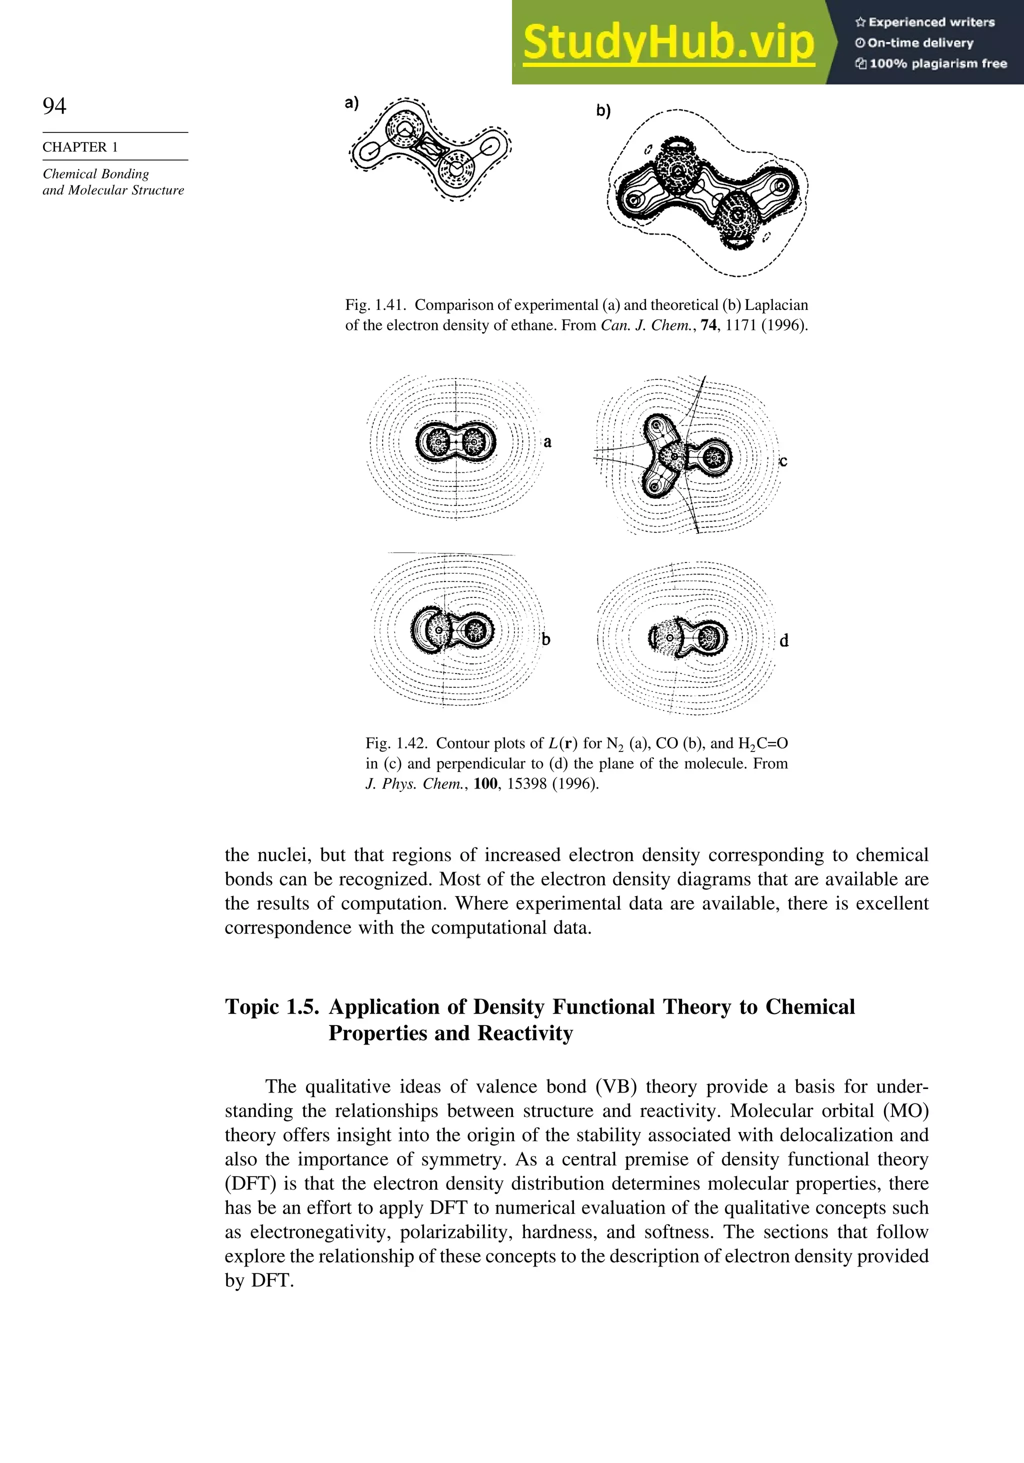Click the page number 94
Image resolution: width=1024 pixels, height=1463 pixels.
tap(54, 106)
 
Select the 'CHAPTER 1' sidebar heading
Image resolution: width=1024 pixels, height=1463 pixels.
tap(80, 147)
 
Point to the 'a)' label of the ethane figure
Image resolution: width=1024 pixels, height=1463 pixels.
tap(351, 102)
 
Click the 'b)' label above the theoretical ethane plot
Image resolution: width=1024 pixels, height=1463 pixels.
tap(603, 111)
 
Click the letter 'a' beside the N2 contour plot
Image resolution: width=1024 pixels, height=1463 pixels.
tap(547, 441)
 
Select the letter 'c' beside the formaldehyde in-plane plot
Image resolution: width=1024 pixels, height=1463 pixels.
tap(783, 461)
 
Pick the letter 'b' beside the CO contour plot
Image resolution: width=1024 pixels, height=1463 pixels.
tap(546, 639)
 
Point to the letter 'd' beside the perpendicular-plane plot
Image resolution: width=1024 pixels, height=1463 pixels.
tap(784, 641)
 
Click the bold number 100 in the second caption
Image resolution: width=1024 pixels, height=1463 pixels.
tap(485, 784)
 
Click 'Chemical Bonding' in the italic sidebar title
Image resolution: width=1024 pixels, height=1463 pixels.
tap(96, 174)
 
